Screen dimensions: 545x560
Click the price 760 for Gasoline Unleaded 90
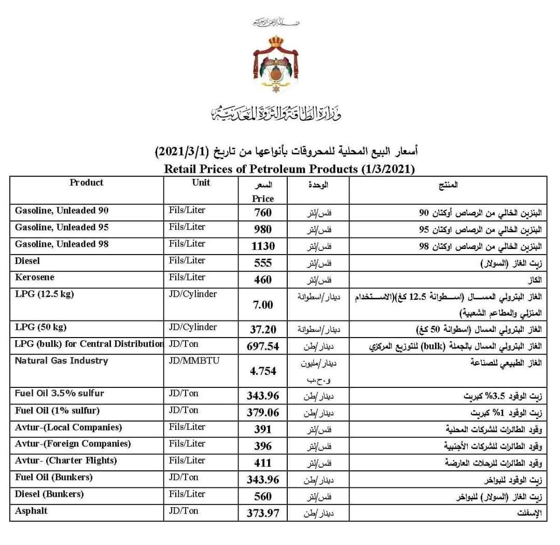263,213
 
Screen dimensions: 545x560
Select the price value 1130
263,246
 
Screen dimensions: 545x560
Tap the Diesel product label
27,261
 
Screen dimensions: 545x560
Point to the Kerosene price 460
263,280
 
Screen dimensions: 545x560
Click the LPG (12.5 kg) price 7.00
263,305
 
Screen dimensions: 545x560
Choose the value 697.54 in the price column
263,346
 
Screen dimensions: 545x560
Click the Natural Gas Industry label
61,361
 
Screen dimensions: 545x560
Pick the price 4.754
263,371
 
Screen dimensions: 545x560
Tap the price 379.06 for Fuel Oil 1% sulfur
263,413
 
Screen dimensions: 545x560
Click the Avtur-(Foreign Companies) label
73,444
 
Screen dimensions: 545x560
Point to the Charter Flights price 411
263,463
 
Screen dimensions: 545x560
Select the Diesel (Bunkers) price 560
263,497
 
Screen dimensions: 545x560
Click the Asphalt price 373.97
263,513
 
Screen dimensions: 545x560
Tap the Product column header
87,183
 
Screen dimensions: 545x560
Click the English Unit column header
201,183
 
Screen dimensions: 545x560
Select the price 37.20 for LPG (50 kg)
263,330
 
